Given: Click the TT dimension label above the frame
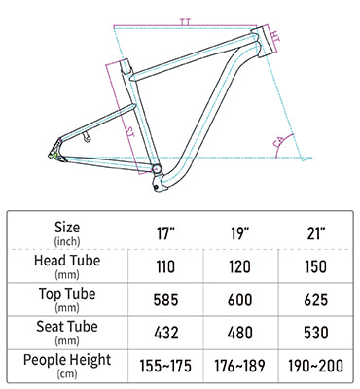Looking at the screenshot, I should tap(186, 19).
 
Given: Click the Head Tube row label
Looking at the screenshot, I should tap(67, 265).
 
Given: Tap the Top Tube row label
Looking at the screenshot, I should tap(67, 298).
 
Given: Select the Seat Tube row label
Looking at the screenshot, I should tap(67, 331).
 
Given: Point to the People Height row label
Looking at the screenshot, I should tap(67, 365).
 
